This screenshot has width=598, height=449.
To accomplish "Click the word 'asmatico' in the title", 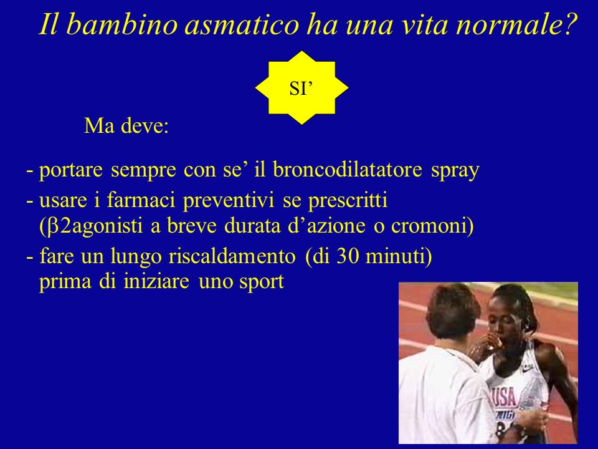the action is [x=242, y=24].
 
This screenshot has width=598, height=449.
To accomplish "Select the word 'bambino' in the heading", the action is [x=124, y=24].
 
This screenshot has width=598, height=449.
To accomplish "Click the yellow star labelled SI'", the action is [x=301, y=88].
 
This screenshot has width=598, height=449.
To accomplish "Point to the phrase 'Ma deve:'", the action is [x=126, y=125].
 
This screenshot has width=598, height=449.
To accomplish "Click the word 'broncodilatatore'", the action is [x=348, y=169].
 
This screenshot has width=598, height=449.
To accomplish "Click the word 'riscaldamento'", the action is [x=232, y=256].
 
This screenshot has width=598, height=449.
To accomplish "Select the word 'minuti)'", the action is [x=399, y=256].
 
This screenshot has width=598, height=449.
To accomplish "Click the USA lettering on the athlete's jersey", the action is [x=504, y=397].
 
